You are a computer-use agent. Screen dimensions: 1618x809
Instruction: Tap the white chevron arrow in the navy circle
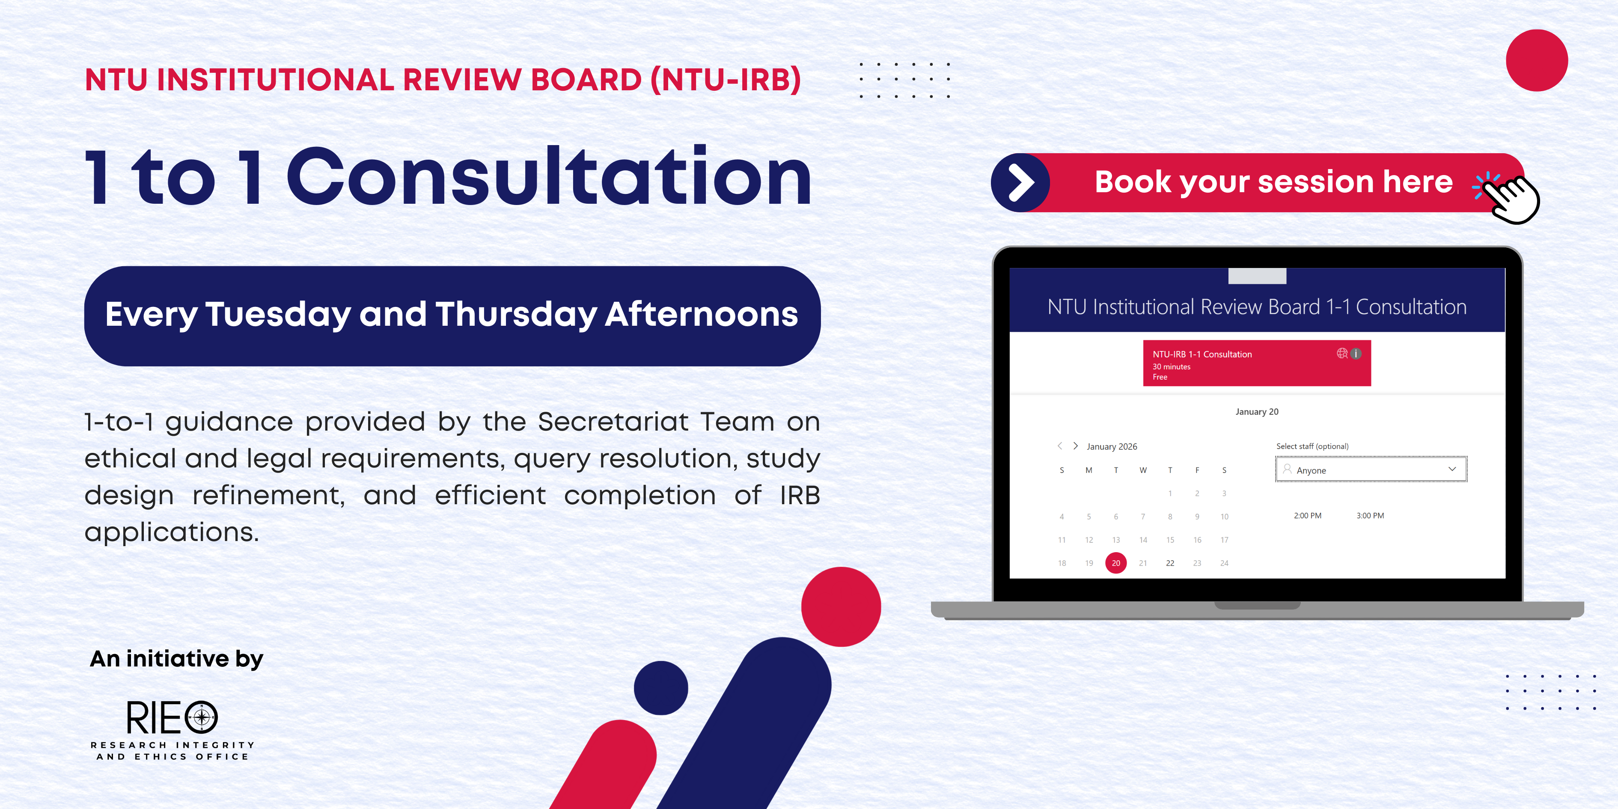coord(1021,182)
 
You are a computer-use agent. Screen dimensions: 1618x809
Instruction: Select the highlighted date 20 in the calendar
coord(1116,563)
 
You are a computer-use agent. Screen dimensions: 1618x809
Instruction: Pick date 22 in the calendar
coord(1170,563)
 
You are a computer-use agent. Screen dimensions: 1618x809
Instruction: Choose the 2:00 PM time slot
coord(1308,516)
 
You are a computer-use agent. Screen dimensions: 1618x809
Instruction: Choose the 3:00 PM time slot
coord(1370,516)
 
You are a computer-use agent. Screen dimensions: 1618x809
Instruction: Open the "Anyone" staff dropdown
coord(1371,469)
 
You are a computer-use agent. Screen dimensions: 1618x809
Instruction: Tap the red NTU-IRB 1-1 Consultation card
coord(1257,363)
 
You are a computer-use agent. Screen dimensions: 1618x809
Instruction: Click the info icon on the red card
coord(1356,354)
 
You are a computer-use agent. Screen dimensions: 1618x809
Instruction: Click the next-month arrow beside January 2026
coord(1075,446)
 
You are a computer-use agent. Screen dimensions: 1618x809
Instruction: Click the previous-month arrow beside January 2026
coord(1059,446)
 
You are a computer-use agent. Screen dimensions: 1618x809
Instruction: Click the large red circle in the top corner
coord(1537,60)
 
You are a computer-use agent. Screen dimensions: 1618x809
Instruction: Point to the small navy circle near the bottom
coord(661,688)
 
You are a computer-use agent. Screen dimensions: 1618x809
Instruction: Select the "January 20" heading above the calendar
coord(1257,412)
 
